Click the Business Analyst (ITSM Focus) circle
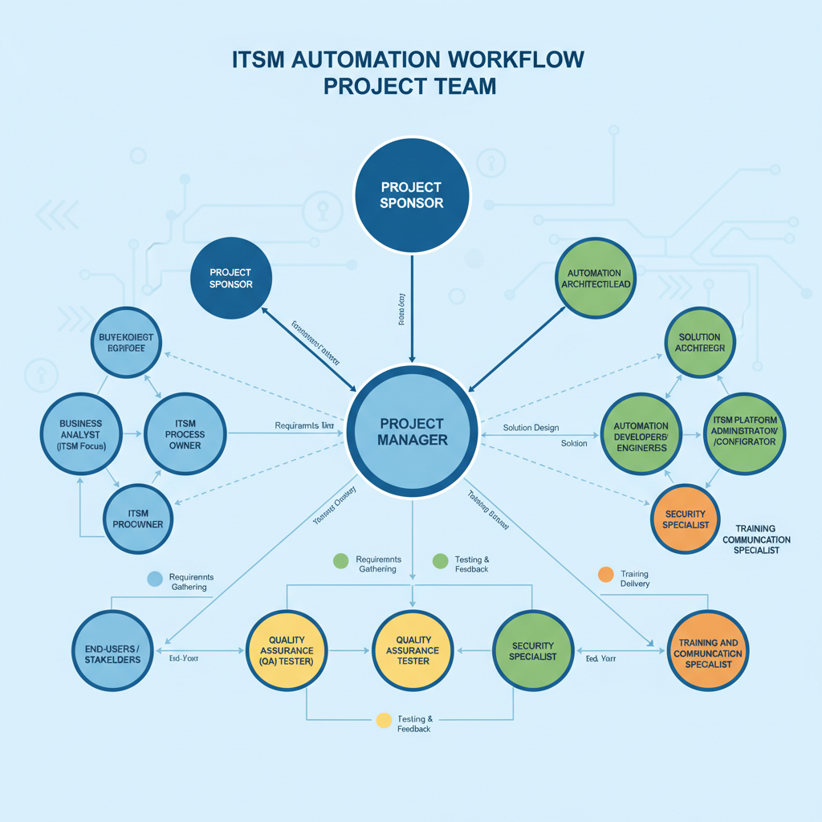pyautogui.click(x=80, y=434)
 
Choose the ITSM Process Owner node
pyautogui.click(x=185, y=434)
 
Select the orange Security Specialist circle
pyautogui.click(x=685, y=519)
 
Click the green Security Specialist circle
pyautogui.click(x=531, y=650)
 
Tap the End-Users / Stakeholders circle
pyautogui.click(x=112, y=652)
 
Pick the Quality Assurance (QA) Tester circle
pyautogui.click(x=286, y=650)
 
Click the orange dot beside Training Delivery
pyautogui.click(x=606, y=574)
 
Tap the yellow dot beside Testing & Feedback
pyautogui.click(x=384, y=720)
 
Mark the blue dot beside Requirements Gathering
pyautogui.click(x=156, y=578)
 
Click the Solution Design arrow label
pyautogui.click(x=531, y=428)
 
